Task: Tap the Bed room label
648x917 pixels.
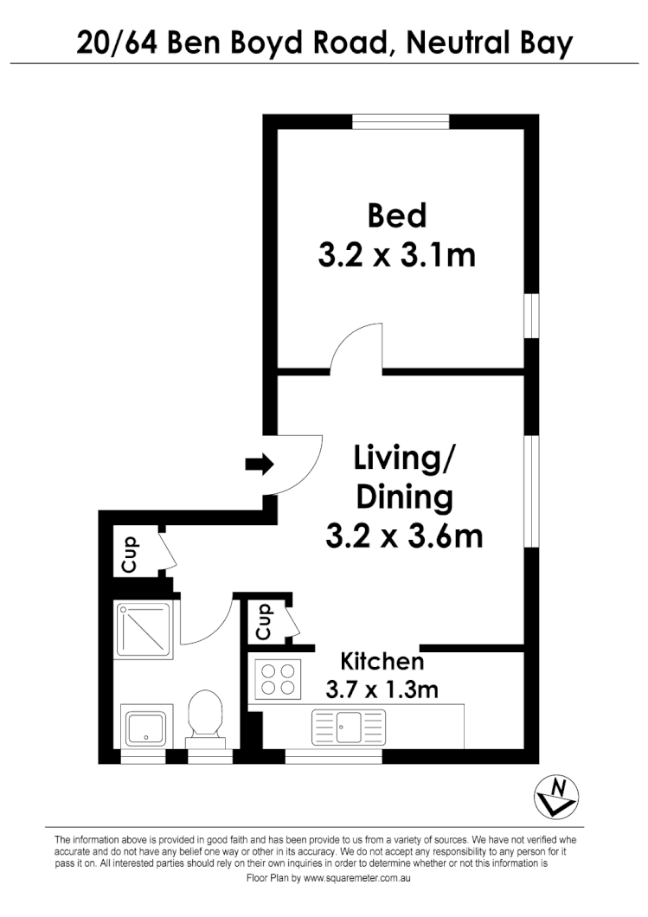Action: coord(397,215)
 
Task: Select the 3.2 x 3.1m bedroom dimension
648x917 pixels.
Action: coord(397,255)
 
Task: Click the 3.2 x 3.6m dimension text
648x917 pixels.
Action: coord(403,536)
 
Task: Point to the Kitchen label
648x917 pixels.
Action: coord(382,662)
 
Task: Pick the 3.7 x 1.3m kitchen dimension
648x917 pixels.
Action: coord(382,689)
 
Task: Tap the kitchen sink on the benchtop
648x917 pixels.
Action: coord(349,726)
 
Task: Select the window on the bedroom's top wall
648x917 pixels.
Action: coord(401,122)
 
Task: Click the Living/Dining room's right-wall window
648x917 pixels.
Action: coord(531,490)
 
